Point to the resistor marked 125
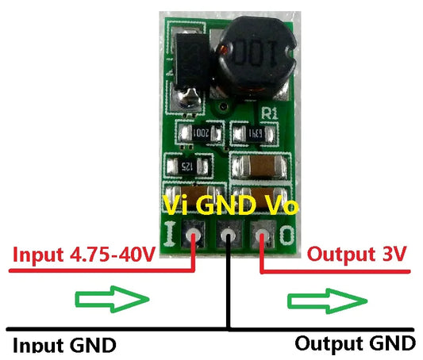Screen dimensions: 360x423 click(188, 166)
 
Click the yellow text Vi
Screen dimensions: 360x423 click(175, 206)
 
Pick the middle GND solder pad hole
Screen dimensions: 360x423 click(228, 236)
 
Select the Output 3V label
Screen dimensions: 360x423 click(357, 255)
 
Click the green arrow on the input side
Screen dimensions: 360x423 click(112, 299)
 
